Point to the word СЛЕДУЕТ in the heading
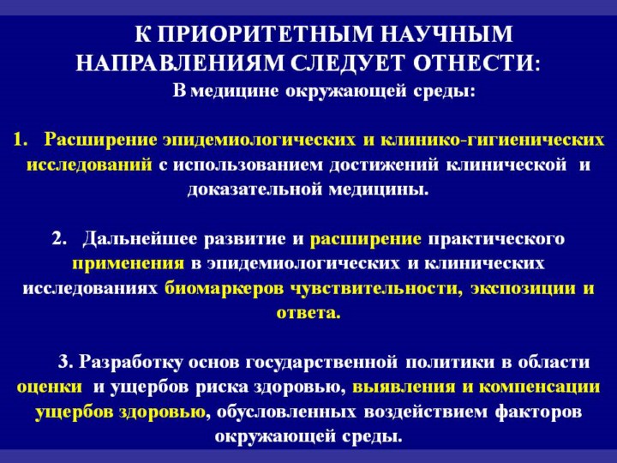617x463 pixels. pyautogui.click(x=348, y=63)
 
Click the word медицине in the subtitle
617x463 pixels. pyautogui.click(x=237, y=92)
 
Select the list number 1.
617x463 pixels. pyautogui.click(x=20, y=140)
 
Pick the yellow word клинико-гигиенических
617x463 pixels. pyautogui.click(x=492, y=141)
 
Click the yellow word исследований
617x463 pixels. pyautogui.click(x=89, y=165)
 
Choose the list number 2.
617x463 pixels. pyautogui.click(x=58, y=239)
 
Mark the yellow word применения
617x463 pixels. pyautogui.click(x=128, y=264)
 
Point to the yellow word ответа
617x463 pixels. pyautogui.click(x=308, y=314)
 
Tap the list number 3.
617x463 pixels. pyautogui.click(x=65, y=362)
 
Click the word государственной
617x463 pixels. pyautogui.click(x=321, y=363)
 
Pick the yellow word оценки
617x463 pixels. pyautogui.click(x=50, y=388)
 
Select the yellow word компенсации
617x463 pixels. pyautogui.click(x=540, y=388)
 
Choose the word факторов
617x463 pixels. pyautogui.click(x=538, y=412)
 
